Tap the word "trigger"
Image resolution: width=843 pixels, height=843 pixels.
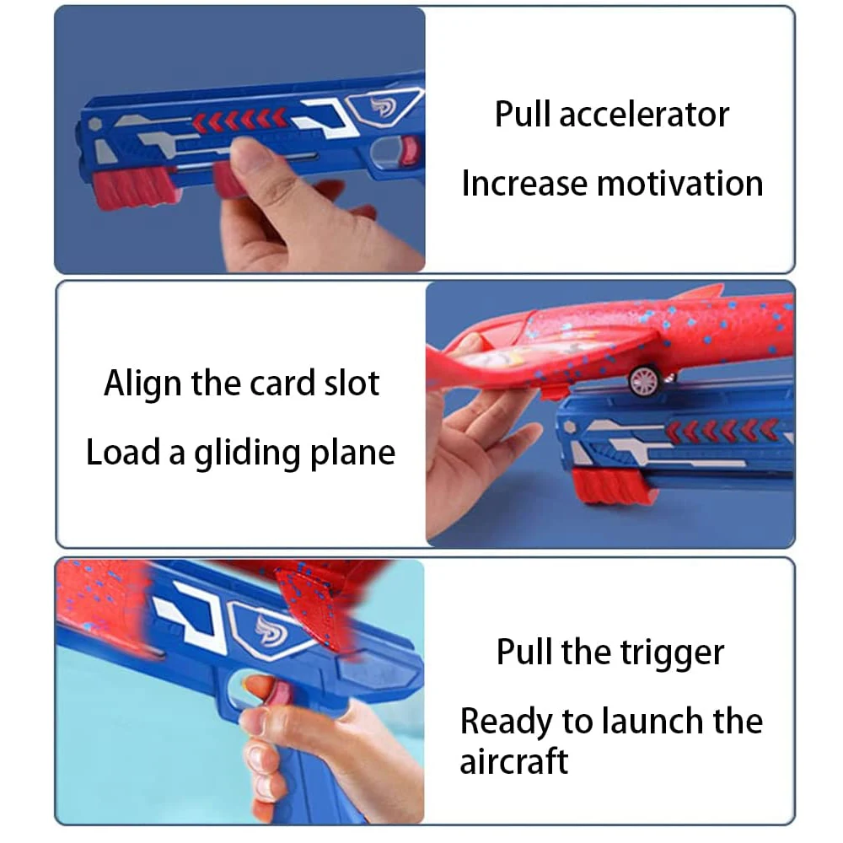[673, 652]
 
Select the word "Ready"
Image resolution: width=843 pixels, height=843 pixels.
[503, 722]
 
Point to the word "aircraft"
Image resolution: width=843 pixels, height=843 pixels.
[513, 761]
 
